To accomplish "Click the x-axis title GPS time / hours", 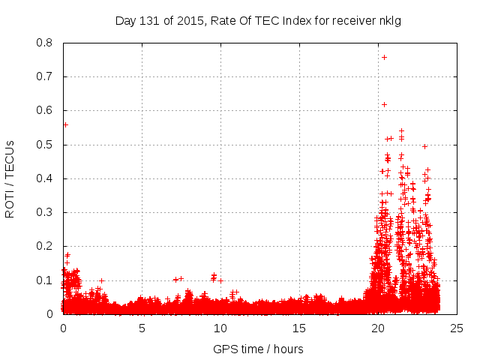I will pos(258,349).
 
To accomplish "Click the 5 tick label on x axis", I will pos(142,328).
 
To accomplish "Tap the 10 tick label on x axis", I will pos(220,328).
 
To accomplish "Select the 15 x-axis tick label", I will pos(299,328).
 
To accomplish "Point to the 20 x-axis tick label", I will pos(378,328).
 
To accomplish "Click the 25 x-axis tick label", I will pos(457,328).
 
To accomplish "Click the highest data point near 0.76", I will pos(384,57).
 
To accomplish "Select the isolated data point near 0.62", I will pos(384,104).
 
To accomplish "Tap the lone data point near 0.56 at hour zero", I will pos(65,124).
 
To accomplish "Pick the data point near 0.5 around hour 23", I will pos(424,146).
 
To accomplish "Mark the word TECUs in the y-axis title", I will pos(10,157).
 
